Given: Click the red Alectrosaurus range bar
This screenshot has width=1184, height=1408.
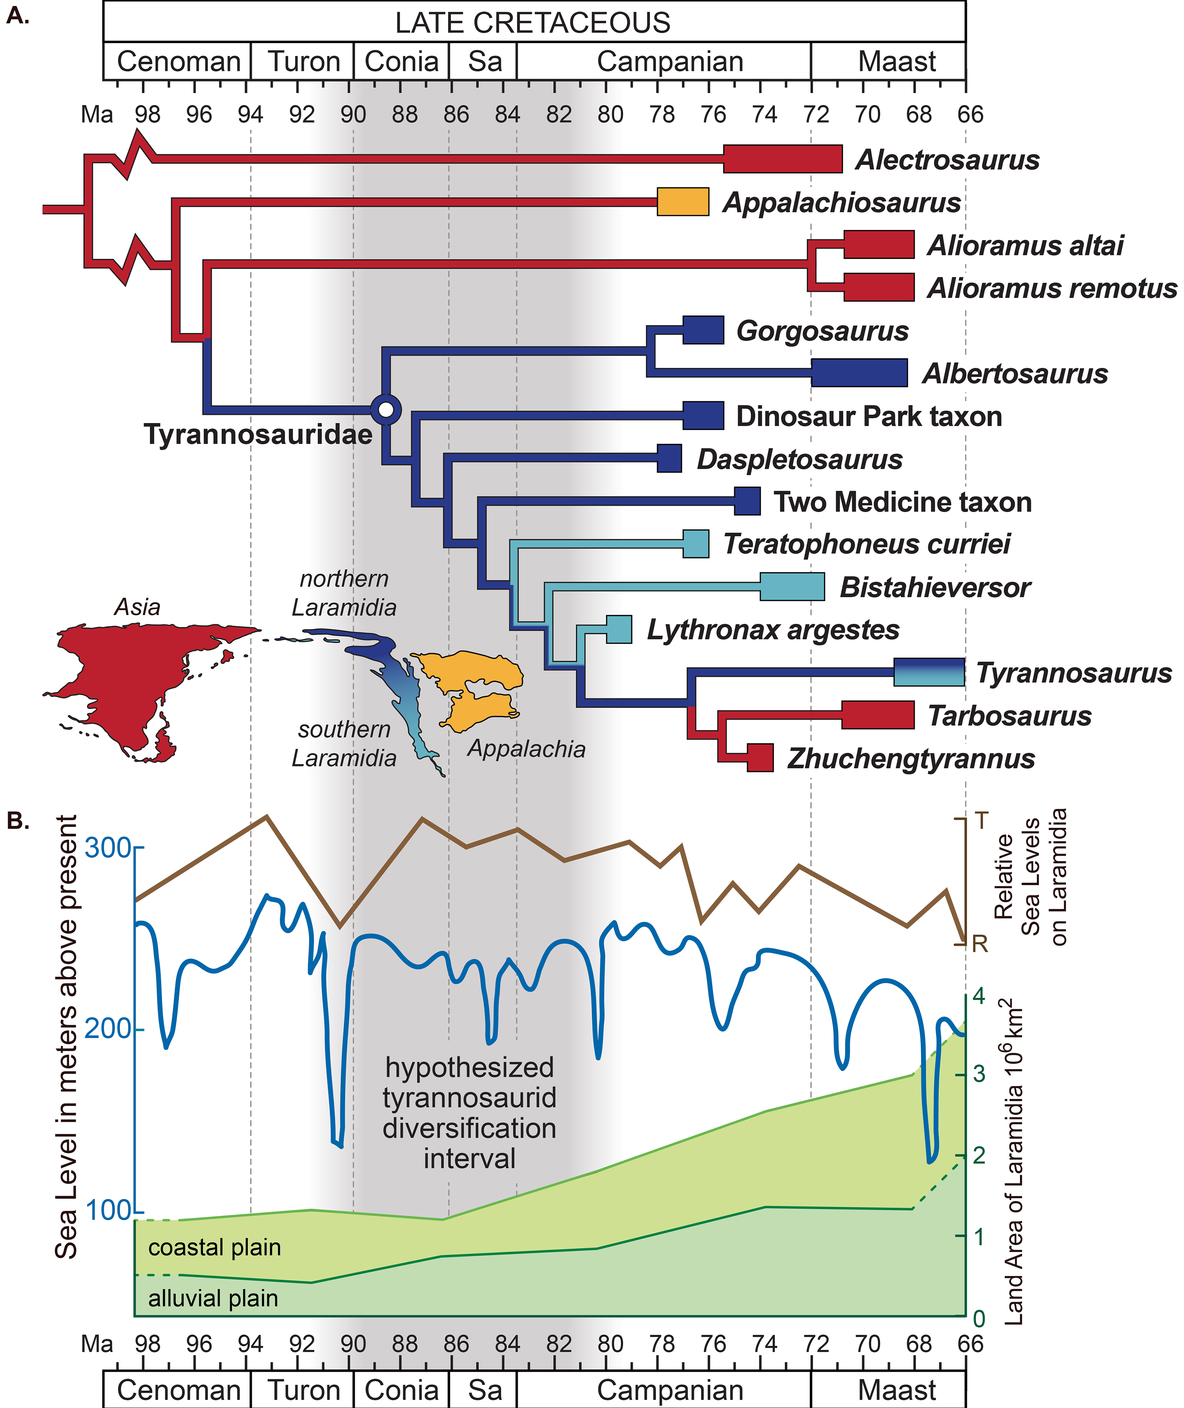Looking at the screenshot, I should tap(783, 159).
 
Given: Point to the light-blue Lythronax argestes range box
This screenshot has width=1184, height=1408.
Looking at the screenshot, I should tap(619, 629).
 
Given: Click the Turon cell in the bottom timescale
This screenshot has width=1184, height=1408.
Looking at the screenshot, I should tap(304, 1390).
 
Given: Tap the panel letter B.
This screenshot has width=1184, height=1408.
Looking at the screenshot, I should tap(18, 821).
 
